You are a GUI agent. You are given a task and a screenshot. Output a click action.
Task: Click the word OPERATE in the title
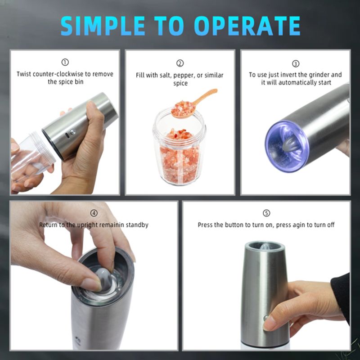click(x=247, y=26)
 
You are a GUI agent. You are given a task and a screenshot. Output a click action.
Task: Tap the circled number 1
click(x=65, y=62)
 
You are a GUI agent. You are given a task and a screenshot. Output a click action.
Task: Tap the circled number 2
click(x=180, y=63)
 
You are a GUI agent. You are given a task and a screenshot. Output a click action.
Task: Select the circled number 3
click(x=296, y=63)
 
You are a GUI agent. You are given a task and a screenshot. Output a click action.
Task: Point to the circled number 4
click(x=94, y=213)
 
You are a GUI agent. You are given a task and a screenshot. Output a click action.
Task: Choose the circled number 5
click(x=266, y=213)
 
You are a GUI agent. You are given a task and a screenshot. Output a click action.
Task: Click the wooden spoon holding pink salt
click(x=194, y=104)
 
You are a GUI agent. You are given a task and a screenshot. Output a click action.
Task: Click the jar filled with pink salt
click(x=179, y=147)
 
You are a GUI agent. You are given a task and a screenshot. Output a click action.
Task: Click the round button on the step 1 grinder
click(x=73, y=132)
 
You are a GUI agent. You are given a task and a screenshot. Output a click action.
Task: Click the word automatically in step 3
click(x=297, y=82)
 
